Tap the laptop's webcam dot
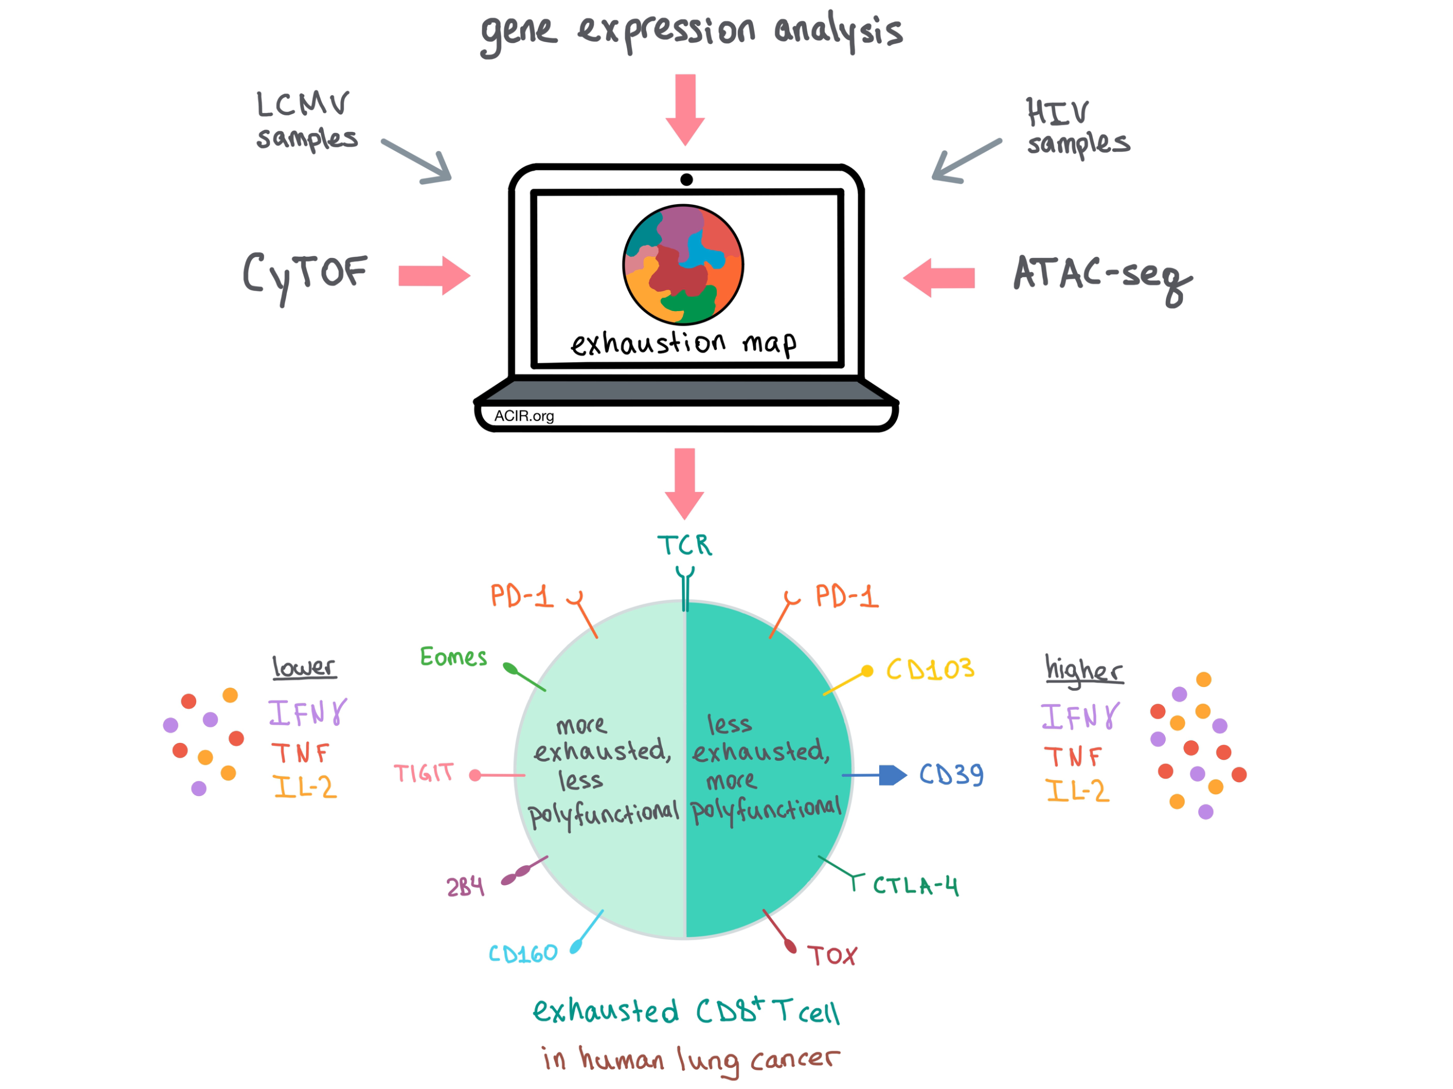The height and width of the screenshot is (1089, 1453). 687,179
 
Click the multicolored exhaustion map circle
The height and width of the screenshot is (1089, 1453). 683,265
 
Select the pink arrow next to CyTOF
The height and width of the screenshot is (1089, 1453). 434,276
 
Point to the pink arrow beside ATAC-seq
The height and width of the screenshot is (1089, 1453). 939,278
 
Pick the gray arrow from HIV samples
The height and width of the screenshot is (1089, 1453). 967,161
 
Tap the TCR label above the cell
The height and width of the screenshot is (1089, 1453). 684,545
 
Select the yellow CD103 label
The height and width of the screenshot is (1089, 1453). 930,669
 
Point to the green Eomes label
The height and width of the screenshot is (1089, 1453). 453,657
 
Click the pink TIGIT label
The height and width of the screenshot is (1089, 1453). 424,773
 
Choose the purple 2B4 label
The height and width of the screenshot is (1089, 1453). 465,887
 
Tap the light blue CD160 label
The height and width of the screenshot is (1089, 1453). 523,953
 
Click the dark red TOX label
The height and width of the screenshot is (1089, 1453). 832,956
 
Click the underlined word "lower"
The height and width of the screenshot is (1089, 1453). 304,667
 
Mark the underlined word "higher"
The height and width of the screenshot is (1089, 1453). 1084,670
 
